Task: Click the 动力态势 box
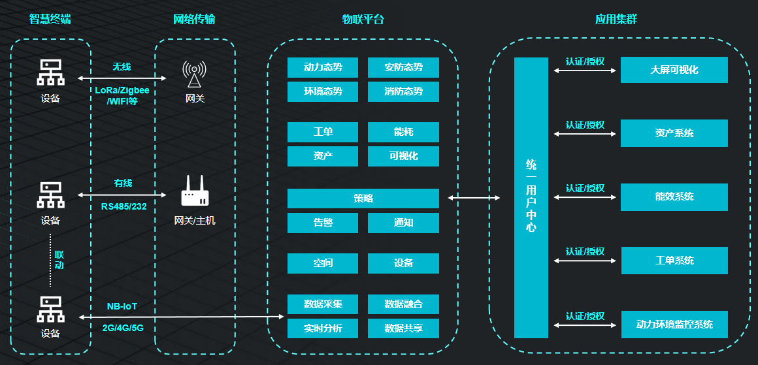[x=323, y=67]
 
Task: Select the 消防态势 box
[x=403, y=91]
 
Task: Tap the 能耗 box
[x=403, y=132]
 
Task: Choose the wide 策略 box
[x=363, y=198]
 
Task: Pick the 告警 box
[x=323, y=223]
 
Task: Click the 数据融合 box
[x=403, y=304]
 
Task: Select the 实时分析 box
[x=323, y=328]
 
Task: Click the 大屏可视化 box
[x=674, y=70]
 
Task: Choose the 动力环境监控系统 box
[x=674, y=325]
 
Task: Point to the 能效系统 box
[x=674, y=197]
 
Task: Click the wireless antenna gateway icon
[x=194, y=74]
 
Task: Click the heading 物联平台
[x=363, y=20]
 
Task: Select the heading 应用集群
[x=616, y=20]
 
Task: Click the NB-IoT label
[x=122, y=306]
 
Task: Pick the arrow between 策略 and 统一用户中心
[x=474, y=197]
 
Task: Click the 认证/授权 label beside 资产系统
[x=585, y=125]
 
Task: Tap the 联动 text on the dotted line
[x=59, y=259]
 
